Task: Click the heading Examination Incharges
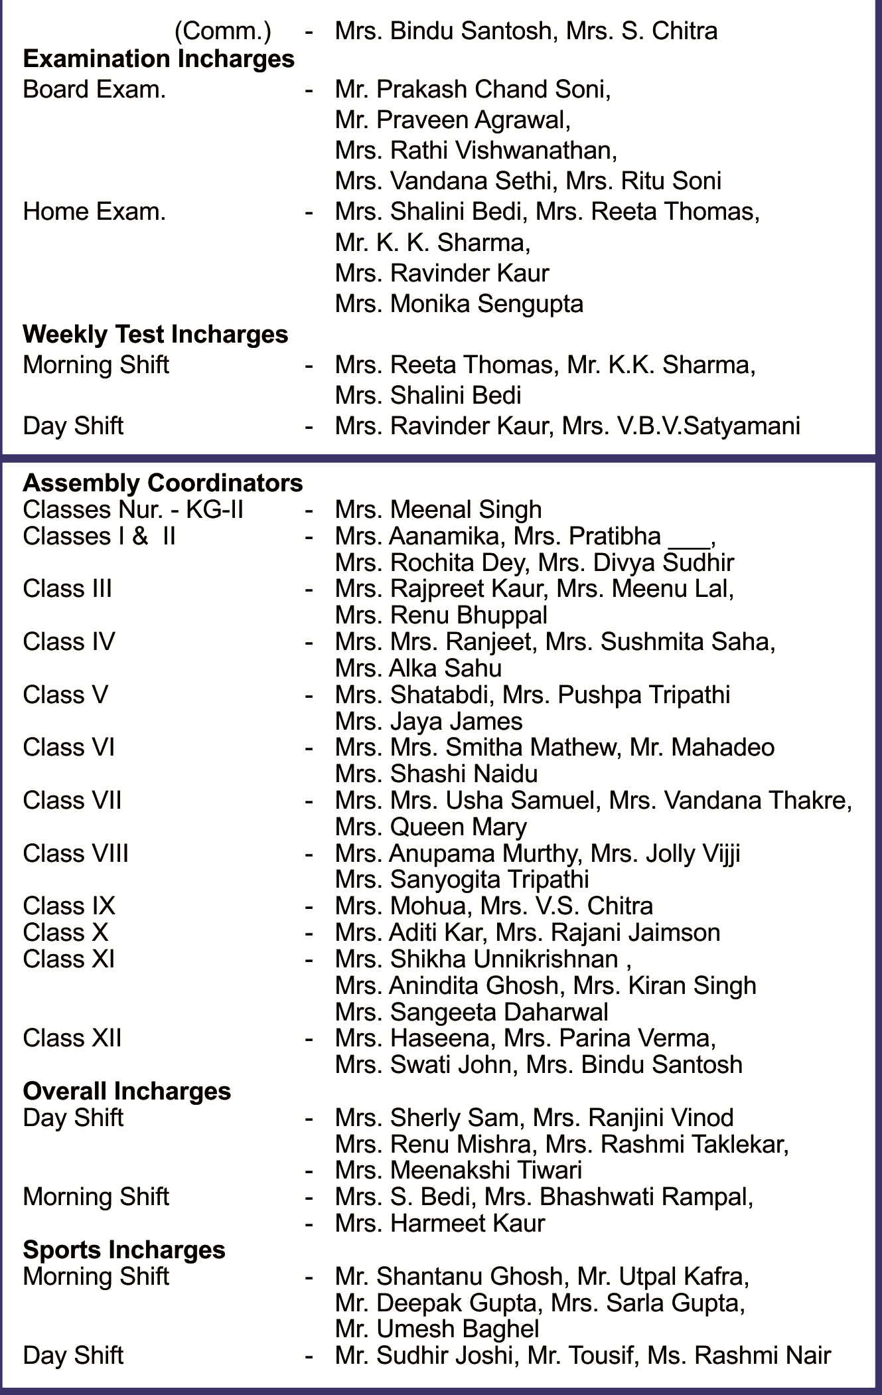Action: click(159, 59)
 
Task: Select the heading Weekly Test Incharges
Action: click(155, 334)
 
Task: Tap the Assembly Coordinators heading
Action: click(163, 483)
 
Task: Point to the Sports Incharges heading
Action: click(124, 1250)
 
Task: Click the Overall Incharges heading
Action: click(127, 1091)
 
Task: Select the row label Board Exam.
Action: click(94, 90)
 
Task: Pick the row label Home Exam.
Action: click(94, 212)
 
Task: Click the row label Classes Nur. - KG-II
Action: click(133, 509)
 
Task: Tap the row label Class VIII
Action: click(76, 853)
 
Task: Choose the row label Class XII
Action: click(72, 1038)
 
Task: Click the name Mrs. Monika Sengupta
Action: click(459, 303)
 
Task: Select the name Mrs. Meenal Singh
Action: click(438, 509)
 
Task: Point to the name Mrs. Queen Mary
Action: click(431, 827)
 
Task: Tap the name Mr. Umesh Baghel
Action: click(437, 1329)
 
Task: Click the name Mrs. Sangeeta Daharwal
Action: click(471, 1012)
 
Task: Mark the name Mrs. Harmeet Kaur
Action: click(440, 1223)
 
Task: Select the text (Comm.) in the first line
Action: click(222, 31)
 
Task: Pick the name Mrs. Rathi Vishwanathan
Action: click(476, 151)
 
